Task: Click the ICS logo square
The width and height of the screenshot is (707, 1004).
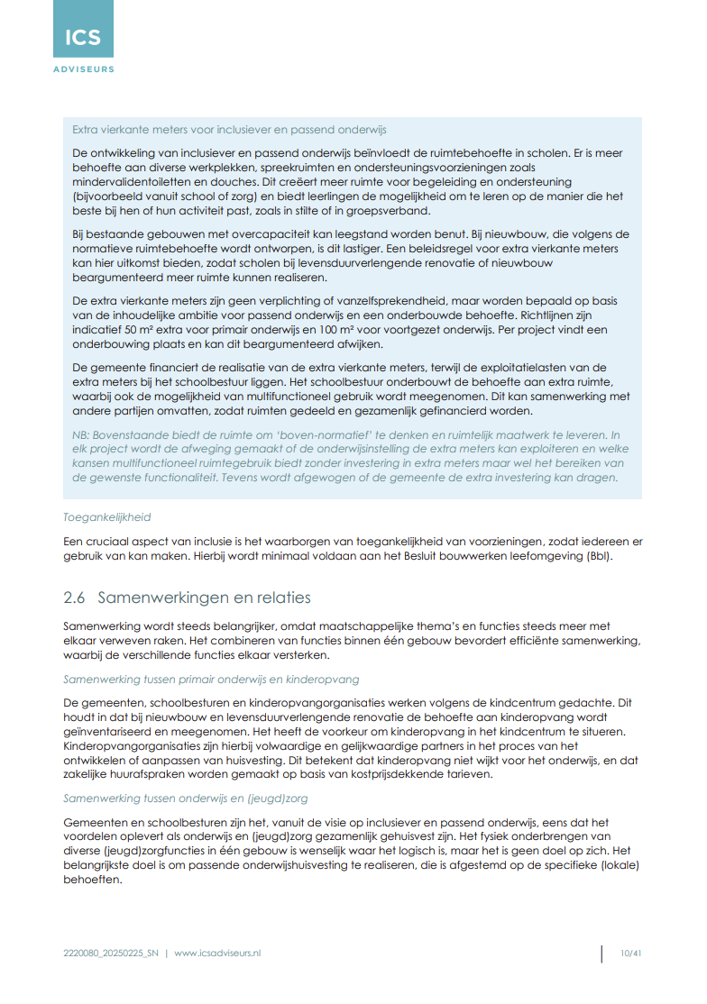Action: click(83, 30)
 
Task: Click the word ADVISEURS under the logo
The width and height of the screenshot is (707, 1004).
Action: click(83, 69)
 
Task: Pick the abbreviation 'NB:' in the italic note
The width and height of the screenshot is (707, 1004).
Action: click(81, 435)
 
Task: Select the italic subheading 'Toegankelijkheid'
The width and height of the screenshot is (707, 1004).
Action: click(106, 518)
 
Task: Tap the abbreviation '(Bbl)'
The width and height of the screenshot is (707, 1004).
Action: click(596, 556)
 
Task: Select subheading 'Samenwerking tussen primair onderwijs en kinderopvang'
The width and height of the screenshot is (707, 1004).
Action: click(211, 679)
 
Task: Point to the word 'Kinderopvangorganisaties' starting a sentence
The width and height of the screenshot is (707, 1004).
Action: click(127, 746)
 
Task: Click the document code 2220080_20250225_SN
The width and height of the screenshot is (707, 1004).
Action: click(111, 954)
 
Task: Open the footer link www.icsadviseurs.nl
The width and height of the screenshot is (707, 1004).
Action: click(217, 954)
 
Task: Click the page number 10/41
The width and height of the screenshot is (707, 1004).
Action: click(630, 954)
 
